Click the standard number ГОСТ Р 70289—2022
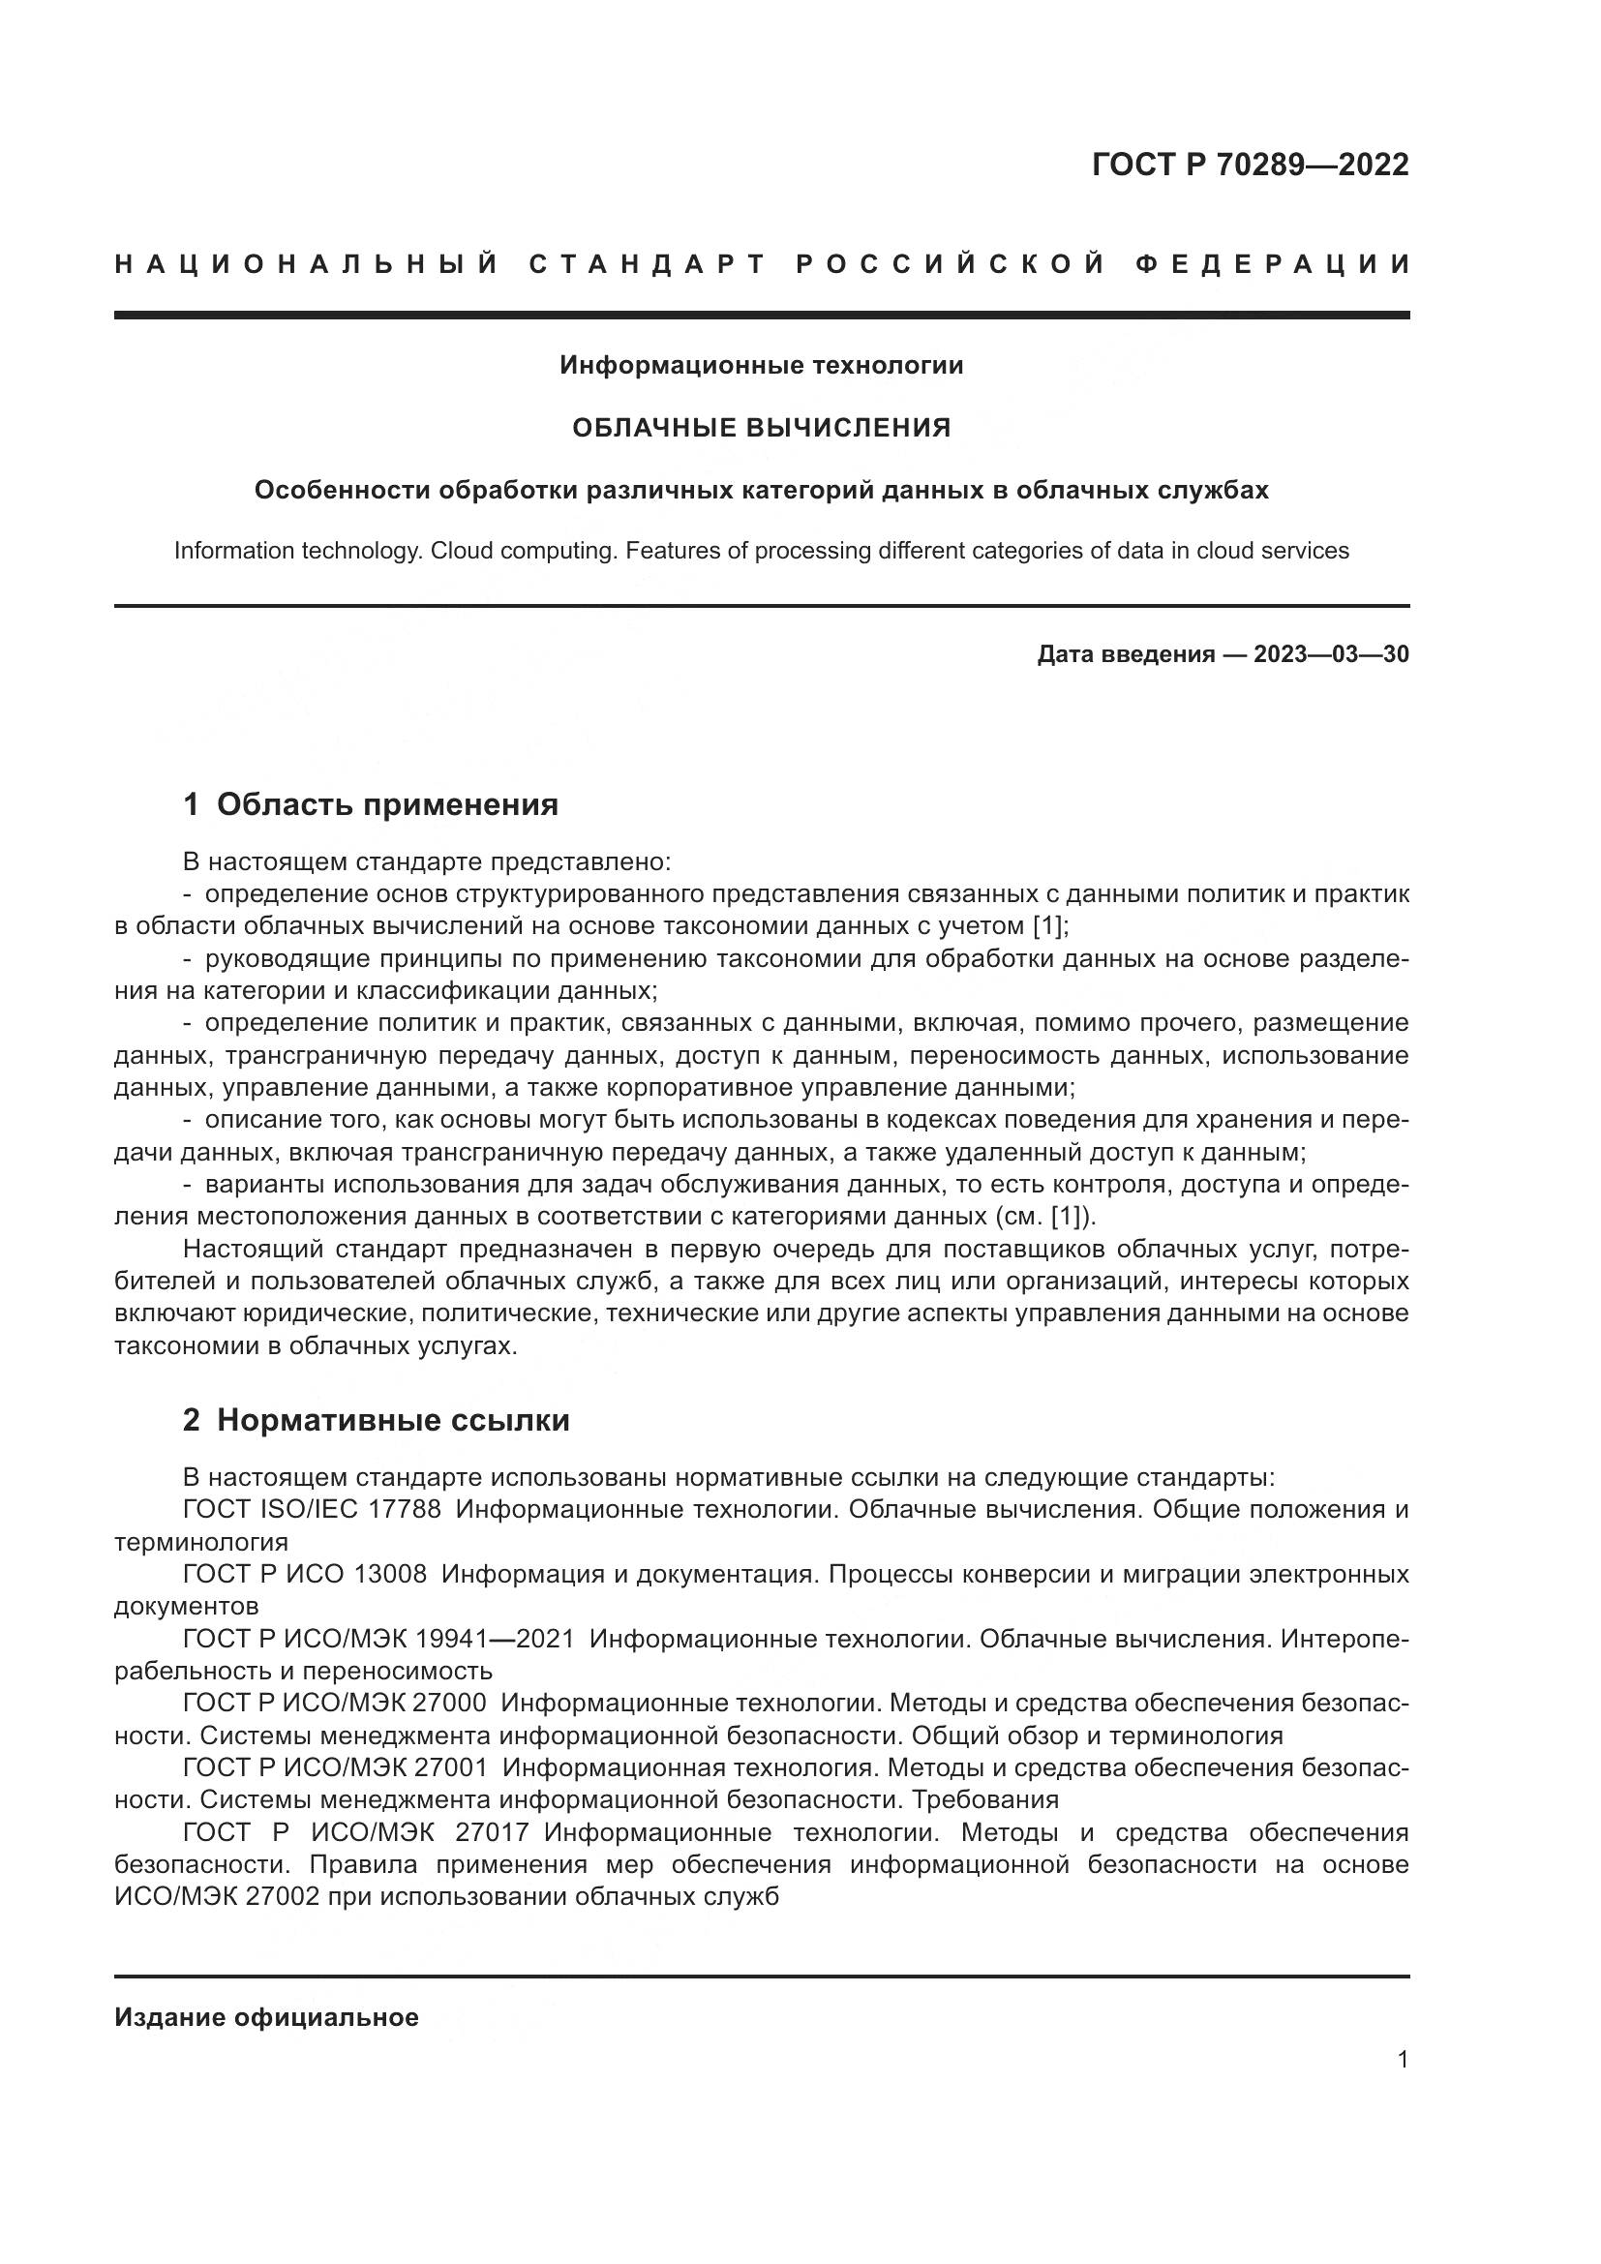tap(1250, 165)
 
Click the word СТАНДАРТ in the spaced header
tap(648, 264)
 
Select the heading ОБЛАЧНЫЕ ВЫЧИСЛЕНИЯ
tap(761, 428)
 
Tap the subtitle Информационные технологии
tap(761, 366)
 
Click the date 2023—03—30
tap(1331, 654)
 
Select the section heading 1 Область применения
tap(371, 804)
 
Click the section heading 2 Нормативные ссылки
tap(377, 1421)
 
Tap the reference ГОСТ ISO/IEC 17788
tap(313, 1510)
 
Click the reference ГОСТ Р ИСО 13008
tap(306, 1574)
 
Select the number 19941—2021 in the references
tap(495, 1639)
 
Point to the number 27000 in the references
tap(451, 1703)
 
